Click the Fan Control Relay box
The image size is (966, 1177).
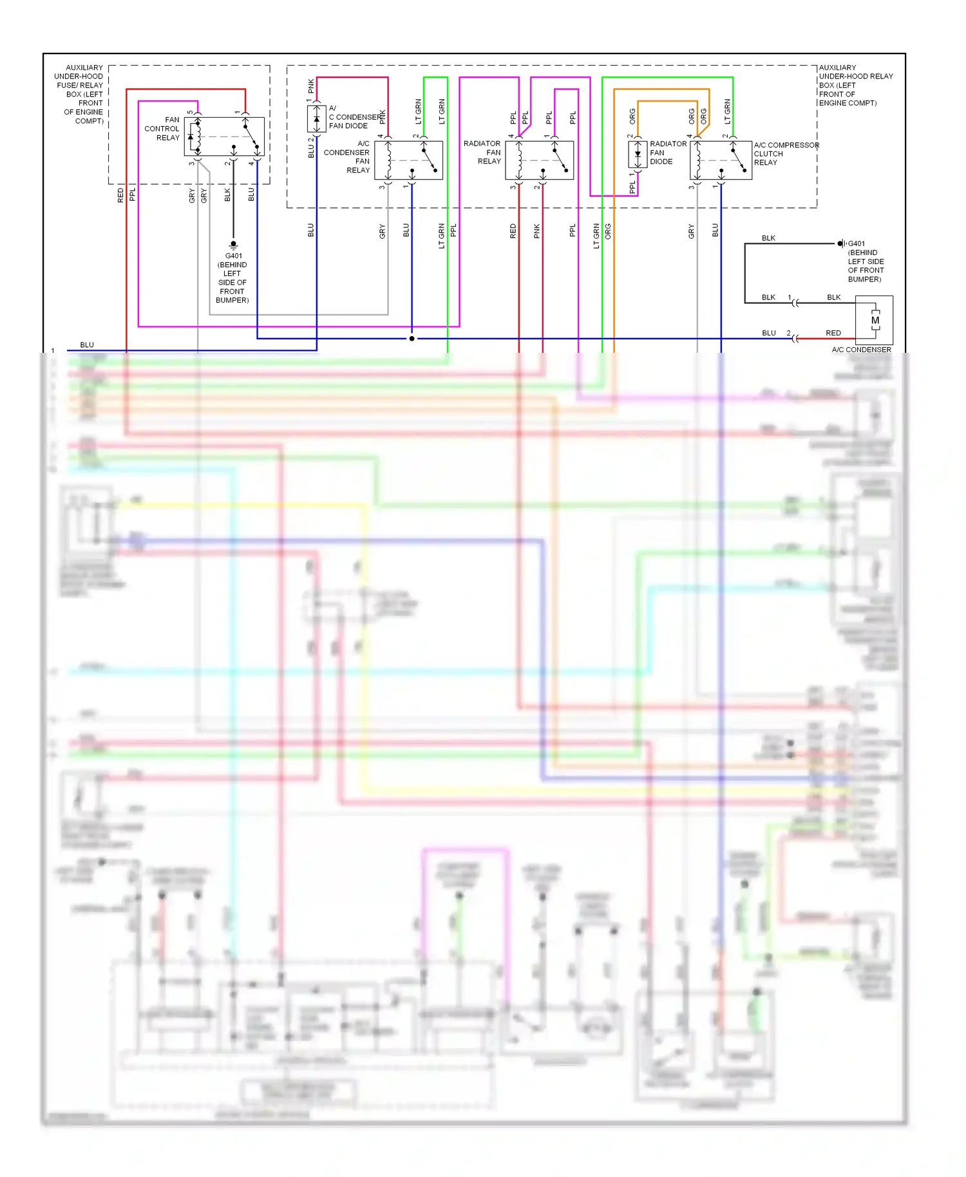tap(224, 136)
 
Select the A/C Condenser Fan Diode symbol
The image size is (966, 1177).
tap(316, 119)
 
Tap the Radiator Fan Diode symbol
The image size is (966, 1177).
tap(638, 155)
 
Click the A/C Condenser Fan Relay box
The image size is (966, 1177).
tap(408, 160)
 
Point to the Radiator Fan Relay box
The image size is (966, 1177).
tap(539, 160)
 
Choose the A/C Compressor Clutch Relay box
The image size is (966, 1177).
tap(721, 160)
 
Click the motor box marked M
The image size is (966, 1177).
tap(875, 320)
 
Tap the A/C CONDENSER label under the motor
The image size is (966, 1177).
tap(861, 350)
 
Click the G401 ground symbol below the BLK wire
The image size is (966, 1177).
tap(233, 245)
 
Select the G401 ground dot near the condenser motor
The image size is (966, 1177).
tap(840, 243)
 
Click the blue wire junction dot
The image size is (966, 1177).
tap(412, 338)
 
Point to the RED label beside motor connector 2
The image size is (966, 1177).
tap(833, 333)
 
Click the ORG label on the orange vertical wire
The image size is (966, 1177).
tap(608, 232)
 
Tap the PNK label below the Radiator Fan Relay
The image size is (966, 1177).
tap(537, 232)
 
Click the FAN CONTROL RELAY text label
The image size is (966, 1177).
tap(162, 129)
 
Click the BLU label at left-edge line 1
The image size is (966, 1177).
tap(87, 345)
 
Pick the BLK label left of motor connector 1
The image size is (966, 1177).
tap(768, 297)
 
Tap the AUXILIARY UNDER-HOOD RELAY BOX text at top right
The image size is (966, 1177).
tap(855, 85)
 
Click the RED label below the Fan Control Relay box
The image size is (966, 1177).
tap(120, 195)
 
